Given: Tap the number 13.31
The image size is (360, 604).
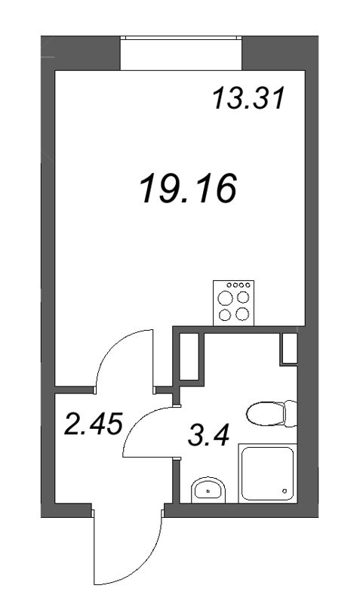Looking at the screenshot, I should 248,98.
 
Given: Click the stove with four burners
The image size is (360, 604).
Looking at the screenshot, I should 233,303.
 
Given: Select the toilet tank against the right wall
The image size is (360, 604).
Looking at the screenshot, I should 291,413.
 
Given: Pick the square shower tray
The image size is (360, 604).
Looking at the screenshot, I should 266,473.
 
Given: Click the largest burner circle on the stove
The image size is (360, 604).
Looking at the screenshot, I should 226,297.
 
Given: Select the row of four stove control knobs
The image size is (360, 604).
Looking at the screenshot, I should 234,285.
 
